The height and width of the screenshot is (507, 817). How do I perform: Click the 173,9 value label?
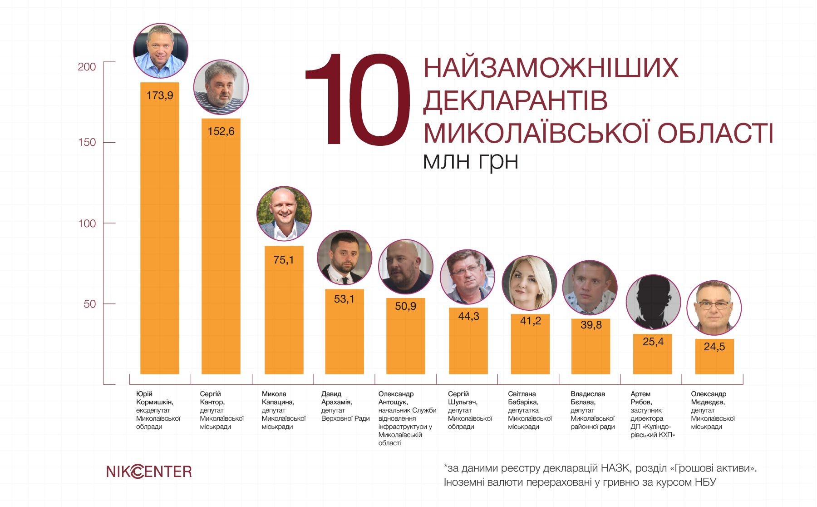(x=160, y=95)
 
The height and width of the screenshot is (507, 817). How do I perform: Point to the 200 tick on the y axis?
(x=87, y=67)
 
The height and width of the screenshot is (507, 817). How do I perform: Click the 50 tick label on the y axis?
(x=90, y=304)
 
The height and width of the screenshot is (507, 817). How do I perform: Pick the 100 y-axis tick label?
(x=87, y=224)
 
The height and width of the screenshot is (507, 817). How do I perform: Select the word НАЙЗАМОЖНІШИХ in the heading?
(x=551, y=68)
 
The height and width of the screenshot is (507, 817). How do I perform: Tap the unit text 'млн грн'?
(x=470, y=161)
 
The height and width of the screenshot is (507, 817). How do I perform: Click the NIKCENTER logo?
(x=149, y=472)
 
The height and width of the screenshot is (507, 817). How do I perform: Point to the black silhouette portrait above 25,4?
(x=653, y=302)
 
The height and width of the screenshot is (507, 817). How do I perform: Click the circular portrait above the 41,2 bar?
(x=529, y=283)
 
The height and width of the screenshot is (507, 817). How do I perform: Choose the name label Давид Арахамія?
(x=336, y=398)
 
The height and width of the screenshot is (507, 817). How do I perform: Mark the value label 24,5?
(x=714, y=347)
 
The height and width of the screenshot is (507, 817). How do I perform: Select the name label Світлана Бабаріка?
(x=523, y=398)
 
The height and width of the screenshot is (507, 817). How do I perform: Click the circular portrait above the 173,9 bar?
(x=161, y=51)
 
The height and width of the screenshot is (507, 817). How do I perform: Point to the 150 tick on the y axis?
(x=87, y=142)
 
